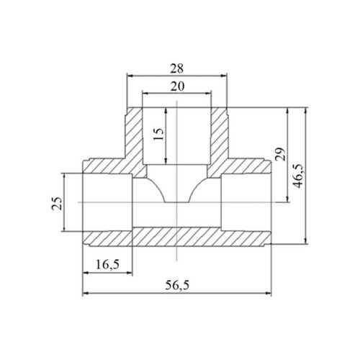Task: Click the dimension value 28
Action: pos(177,68)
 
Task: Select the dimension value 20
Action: pos(177,86)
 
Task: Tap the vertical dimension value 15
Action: pos(158,135)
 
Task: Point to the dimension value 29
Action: pos(280,154)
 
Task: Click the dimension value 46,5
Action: pos(297,176)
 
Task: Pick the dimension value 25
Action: pos(57,204)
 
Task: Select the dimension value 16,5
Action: pos(107,264)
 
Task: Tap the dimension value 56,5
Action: pos(177,285)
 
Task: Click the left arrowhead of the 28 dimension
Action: pos(130,76)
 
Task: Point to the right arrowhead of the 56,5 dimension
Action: pos(269,293)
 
